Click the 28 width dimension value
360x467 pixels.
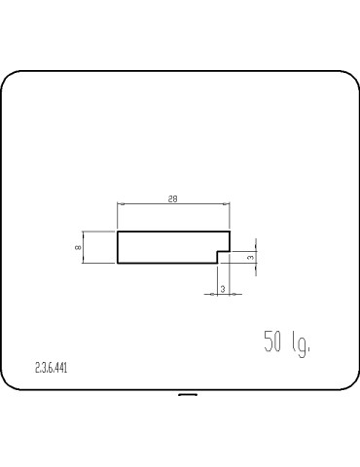pyautogui.click(x=173, y=199)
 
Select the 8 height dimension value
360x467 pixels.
pyautogui.click(x=78, y=247)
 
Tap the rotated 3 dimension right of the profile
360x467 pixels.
pyautogui.click(x=251, y=257)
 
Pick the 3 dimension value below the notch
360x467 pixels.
pyautogui.click(x=223, y=289)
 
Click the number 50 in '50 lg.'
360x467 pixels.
pyautogui.click(x=272, y=341)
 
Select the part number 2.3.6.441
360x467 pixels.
pyautogui.click(x=52, y=368)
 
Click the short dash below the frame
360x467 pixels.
pyautogui.click(x=188, y=395)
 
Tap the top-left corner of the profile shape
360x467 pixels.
pyautogui.click(x=118, y=232)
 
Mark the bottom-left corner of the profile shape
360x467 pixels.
pyautogui.click(x=118, y=263)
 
